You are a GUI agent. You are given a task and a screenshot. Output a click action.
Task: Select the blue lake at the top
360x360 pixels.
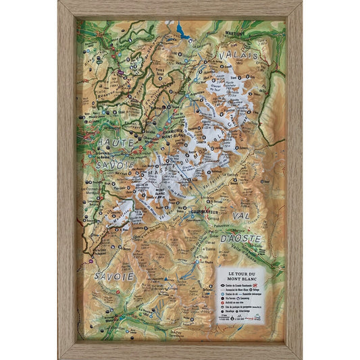(x=182, y=30)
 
